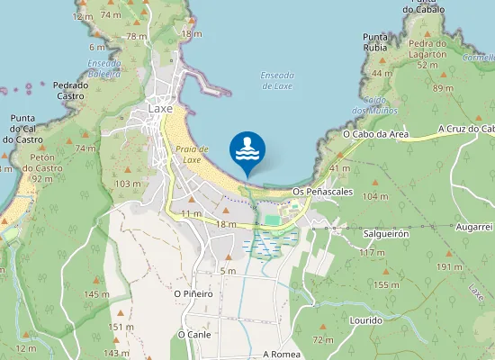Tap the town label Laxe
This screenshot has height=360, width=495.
coord(159,109)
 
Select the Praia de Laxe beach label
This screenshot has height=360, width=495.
coord(192,154)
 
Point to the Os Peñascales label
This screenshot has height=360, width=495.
coord(322,192)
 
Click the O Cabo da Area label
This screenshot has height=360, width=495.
coord(376,134)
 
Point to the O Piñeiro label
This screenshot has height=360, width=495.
coord(193,293)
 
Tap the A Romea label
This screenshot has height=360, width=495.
coord(281,355)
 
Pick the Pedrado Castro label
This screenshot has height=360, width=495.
coord(71,90)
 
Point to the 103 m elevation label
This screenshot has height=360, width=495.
coord(129,184)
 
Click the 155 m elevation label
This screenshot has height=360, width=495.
coord(386,285)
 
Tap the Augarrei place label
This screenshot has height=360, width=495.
coord(474,227)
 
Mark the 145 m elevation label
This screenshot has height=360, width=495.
coord(96,294)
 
